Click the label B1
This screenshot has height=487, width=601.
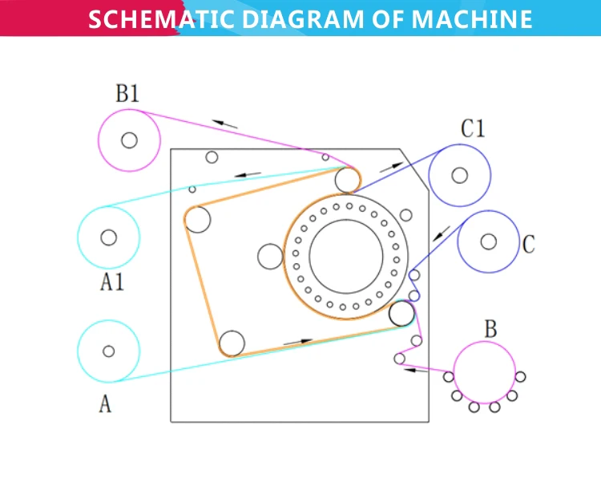[x=127, y=94]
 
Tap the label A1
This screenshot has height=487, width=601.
[x=112, y=282]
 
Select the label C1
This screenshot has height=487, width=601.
[x=473, y=128]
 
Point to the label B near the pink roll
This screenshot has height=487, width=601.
[x=490, y=329]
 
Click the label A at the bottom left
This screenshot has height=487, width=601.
[x=105, y=404]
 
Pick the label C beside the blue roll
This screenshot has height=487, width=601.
[x=528, y=245]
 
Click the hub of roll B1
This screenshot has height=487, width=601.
[x=128, y=140]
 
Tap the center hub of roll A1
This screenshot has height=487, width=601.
[x=109, y=237]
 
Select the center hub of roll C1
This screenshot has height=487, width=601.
[x=459, y=175]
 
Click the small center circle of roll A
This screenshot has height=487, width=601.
[x=108, y=351]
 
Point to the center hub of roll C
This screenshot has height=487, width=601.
[x=488, y=241]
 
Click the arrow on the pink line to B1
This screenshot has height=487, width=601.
[x=225, y=124]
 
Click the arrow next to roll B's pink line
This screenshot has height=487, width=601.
[x=414, y=370]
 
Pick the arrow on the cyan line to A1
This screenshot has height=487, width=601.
[x=248, y=173]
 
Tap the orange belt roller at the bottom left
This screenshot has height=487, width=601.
[x=231, y=343]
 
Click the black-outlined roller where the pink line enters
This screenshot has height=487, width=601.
[x=401, y=314]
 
